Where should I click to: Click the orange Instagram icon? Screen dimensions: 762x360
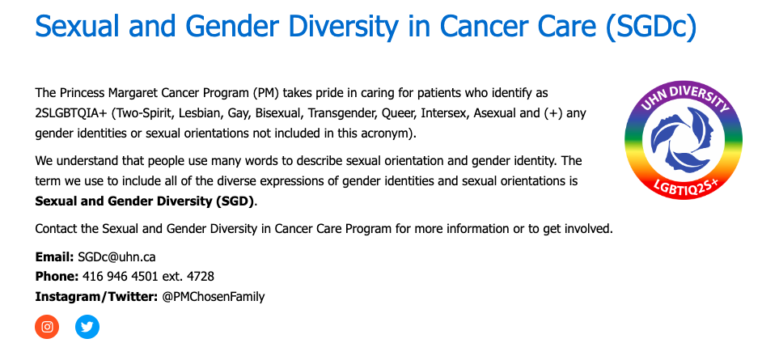47,327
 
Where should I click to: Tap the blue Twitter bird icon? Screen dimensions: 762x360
87,327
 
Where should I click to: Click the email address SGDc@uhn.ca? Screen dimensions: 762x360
116,257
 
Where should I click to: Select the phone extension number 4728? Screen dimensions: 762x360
201,277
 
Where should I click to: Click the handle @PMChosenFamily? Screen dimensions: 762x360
214,297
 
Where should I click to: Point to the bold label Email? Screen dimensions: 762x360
54,257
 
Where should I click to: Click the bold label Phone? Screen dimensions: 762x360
57,277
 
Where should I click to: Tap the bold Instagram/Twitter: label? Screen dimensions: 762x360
96,297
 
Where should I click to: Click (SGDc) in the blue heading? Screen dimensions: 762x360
651,26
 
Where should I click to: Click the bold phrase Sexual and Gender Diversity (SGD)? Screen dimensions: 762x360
144,201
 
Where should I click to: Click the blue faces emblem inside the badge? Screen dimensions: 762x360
684,140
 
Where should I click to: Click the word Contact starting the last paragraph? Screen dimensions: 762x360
57,228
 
